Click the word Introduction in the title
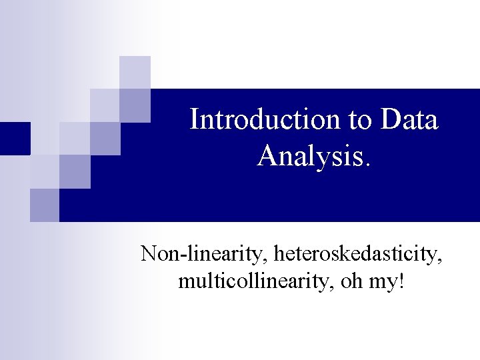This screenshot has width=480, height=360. [265, 120]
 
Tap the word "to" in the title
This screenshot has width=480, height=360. [361, 120]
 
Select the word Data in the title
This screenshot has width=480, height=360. [410, 120]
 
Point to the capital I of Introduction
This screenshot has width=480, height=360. [194, 120]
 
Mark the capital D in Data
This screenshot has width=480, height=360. [391, 120]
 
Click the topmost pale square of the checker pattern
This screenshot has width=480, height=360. [135, 72]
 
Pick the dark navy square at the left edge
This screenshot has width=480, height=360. [15, 139]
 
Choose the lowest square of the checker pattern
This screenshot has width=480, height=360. [45, 205]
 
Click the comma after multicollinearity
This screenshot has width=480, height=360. [333, 287]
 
